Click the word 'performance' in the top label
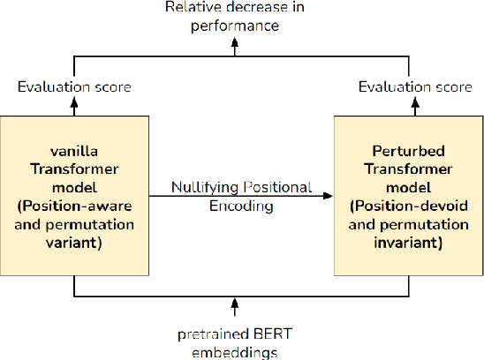(234, 26)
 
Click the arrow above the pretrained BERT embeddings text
(235, 307)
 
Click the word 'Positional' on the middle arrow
(278, 187)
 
